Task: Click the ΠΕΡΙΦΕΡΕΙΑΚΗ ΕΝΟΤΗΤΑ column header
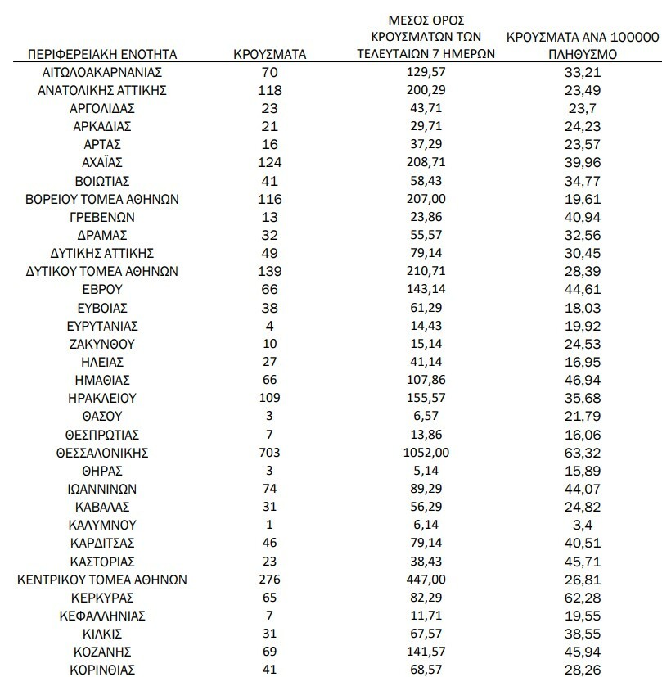pyautogui.click(x=102, y=55)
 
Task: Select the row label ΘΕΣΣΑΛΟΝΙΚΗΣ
pyautogui.click(x=102, y=453)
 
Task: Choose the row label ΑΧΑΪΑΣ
pyautogui.click(x=102, y=162)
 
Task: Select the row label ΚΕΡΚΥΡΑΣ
pyautogui.click(x=102, y=598)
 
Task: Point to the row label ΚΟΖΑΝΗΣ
pyautogui.click(x=102, y=652)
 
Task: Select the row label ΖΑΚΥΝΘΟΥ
pyautogui.click(x=102, y=344)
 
